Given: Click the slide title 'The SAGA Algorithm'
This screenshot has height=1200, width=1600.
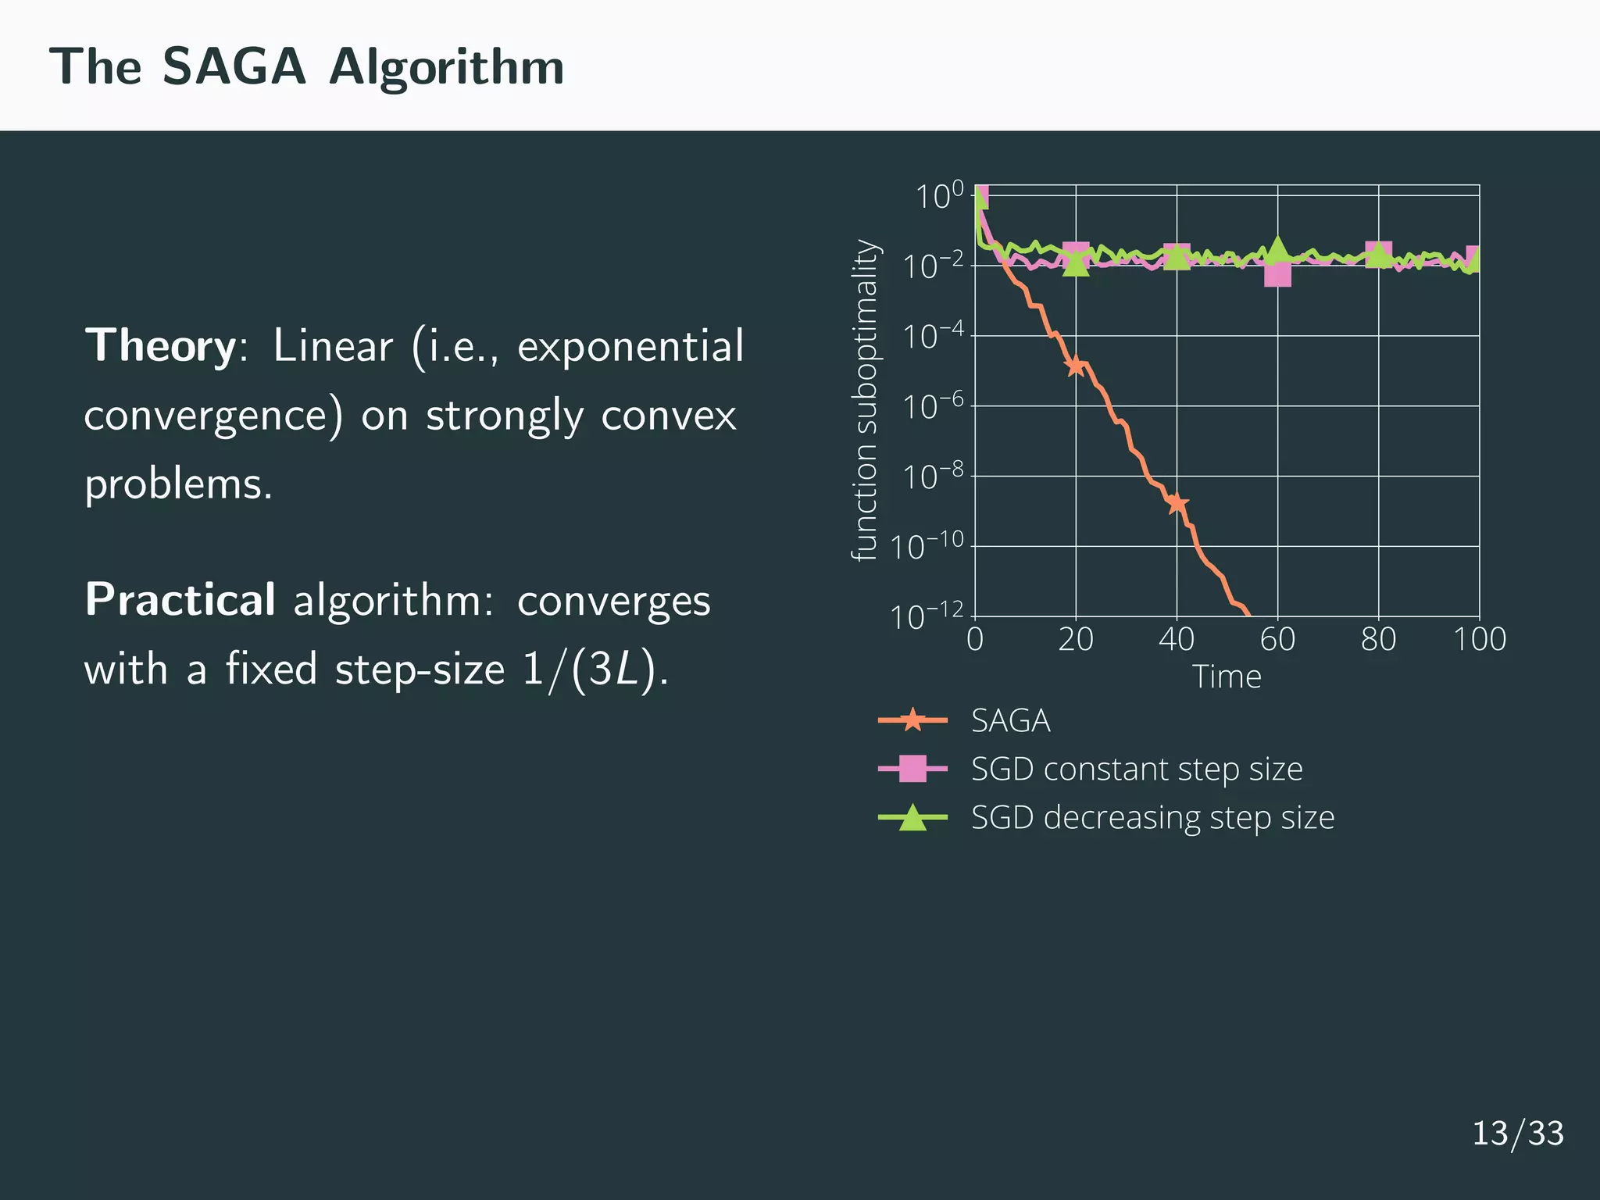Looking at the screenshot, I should (306, 67).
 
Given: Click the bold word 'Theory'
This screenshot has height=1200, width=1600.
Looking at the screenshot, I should (160, 346).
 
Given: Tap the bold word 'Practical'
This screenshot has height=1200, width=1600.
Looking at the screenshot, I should (180, 600).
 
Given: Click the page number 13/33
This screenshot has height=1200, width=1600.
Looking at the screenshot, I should (1517, 1133).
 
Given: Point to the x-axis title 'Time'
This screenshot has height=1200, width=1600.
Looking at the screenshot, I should (1226, 677).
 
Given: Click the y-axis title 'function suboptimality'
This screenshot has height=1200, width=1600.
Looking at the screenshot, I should (865, 400).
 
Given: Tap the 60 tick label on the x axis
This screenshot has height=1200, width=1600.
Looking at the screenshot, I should (1277, 639).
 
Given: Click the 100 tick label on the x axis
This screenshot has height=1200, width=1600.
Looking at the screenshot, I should (1479, 639).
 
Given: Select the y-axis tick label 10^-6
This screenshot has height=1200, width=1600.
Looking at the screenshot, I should (933, 407).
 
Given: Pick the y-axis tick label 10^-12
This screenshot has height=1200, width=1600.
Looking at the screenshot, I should (927, 617).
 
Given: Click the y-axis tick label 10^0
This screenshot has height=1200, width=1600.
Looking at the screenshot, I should (939, 196).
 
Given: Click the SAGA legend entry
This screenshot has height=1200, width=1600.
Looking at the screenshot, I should (1009, 720).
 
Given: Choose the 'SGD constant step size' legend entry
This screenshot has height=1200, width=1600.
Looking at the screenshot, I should (1136, 769).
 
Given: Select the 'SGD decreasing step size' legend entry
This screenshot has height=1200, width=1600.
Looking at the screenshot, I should (1152, 817).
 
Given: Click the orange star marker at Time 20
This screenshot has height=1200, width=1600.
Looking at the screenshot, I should (1076, 366).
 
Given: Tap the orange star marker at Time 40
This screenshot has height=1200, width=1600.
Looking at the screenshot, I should (1177, 503).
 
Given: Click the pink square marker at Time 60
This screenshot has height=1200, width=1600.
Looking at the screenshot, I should (1277, 274).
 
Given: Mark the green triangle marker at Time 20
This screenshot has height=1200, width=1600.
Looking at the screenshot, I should (1076, 264).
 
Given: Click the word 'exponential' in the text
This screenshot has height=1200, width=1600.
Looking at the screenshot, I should (630, 346).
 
